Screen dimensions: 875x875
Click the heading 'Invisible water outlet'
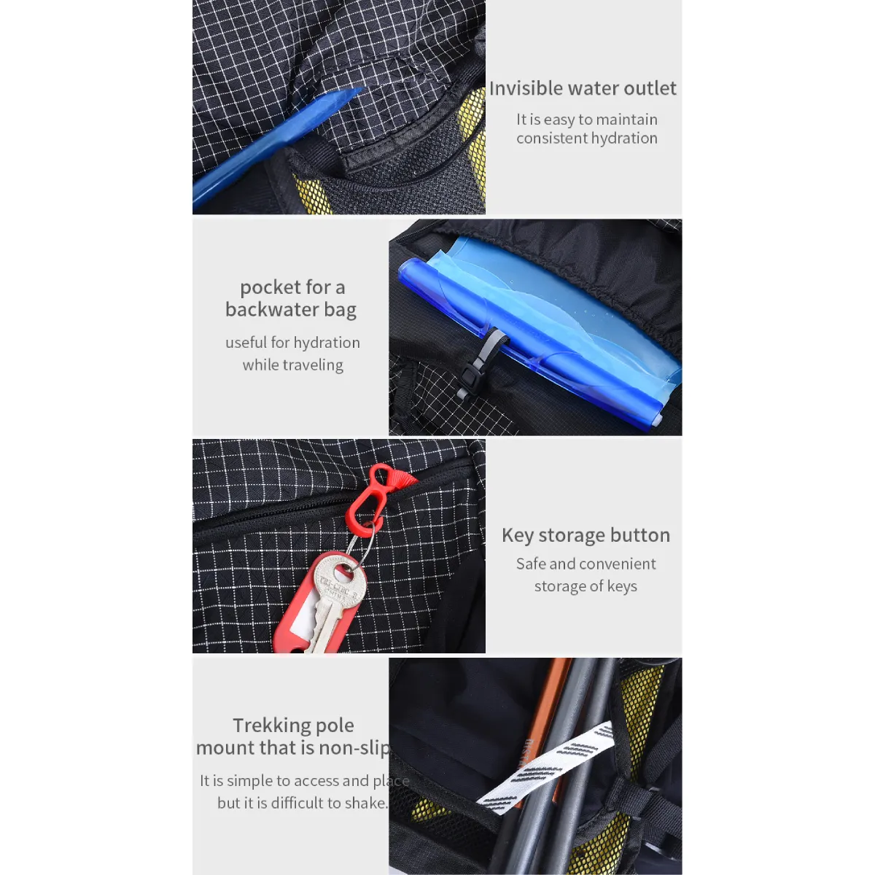coord(583,88)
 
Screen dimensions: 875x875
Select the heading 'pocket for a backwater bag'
coord(291,298)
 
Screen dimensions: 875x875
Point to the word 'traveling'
coord(315,365)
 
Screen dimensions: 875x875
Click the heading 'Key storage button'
coord(586,535)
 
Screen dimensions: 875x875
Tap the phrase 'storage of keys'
coord(586,586)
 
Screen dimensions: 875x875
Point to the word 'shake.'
coord(366,803)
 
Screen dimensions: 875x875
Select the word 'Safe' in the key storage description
coord(532,564)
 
